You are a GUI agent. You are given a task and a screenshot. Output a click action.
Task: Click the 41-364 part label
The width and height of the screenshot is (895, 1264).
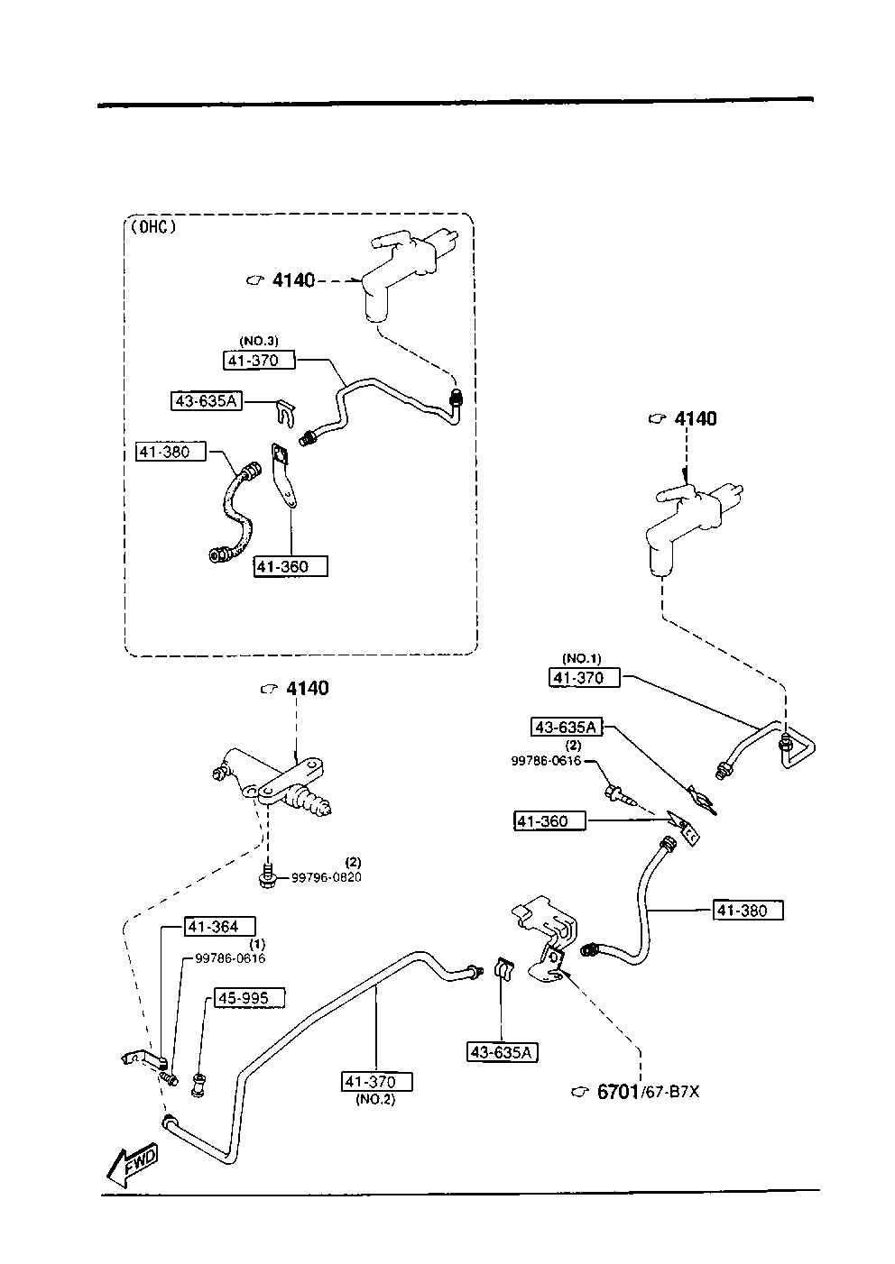(220, 926)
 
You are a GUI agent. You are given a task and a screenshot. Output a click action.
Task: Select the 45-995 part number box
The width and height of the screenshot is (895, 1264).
(248, 998)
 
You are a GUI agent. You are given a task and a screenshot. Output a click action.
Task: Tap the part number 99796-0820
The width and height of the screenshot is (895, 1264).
(326, 877)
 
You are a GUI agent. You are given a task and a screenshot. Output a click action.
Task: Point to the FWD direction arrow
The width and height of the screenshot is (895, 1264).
(132, 1164)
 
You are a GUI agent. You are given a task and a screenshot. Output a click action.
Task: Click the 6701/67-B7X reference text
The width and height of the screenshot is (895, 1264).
(648, 1092)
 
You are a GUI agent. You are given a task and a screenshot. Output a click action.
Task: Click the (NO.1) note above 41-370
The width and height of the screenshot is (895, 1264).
(581, 658)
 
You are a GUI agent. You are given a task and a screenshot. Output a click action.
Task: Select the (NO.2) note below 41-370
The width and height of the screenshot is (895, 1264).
(375, 1099)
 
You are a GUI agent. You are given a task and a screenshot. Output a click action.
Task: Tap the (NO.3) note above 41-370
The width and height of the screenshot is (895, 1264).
(259, 341)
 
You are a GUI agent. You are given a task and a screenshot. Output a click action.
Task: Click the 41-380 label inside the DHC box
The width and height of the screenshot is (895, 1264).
(171, 451)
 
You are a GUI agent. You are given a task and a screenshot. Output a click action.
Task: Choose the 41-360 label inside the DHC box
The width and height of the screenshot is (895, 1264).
(290, 566)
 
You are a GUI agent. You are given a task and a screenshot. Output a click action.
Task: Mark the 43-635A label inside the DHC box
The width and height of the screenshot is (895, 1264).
(206, 400)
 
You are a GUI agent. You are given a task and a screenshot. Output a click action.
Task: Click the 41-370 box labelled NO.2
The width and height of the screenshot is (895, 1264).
(376, 1081)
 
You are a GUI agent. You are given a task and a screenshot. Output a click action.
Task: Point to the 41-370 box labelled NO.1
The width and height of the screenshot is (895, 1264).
(585, 677)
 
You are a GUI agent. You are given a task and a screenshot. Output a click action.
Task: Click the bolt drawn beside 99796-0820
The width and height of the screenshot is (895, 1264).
(268, 876)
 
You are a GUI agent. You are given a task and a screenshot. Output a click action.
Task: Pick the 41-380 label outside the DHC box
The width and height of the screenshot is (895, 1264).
(748, 911)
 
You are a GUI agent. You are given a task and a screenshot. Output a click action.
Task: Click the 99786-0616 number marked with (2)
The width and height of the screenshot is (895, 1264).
(546, 761)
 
